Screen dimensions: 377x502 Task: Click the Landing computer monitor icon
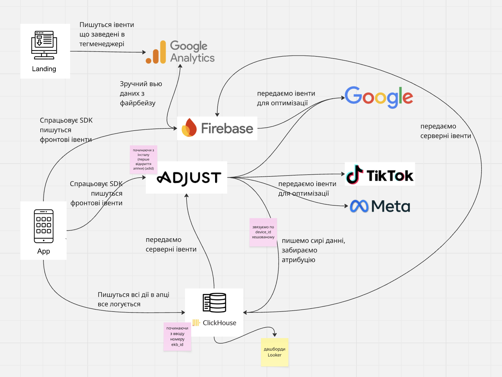click(44, 45)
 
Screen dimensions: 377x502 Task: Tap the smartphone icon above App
click(44, 226)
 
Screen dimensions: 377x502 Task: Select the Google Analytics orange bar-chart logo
click(156, 53)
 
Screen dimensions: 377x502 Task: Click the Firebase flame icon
click(189, 128)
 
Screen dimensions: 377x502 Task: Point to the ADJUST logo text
click(189, 178)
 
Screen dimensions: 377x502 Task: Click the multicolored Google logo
click(379, 97)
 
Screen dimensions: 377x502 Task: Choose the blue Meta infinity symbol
click(359, 206)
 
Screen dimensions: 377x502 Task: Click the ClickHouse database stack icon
click(214, 303)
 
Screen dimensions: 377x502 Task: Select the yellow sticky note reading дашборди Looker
click(275, 352)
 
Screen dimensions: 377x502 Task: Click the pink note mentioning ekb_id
click(177, 337)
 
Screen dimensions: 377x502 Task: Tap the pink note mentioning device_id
click(263, 232)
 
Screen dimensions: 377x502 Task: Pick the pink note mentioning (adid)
click(143, 159)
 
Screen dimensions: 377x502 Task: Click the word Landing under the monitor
click(44, 69)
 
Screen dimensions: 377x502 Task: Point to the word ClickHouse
click(219, 323)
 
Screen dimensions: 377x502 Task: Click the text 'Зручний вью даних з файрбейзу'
click(141, 93)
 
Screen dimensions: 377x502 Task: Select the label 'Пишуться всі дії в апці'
click(133, 295)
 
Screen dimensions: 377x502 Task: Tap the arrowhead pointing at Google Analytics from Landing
click(144, 52)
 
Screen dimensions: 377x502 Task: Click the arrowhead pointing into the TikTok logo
click(343, 174)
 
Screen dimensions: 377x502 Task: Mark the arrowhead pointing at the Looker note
click(275, 334)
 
